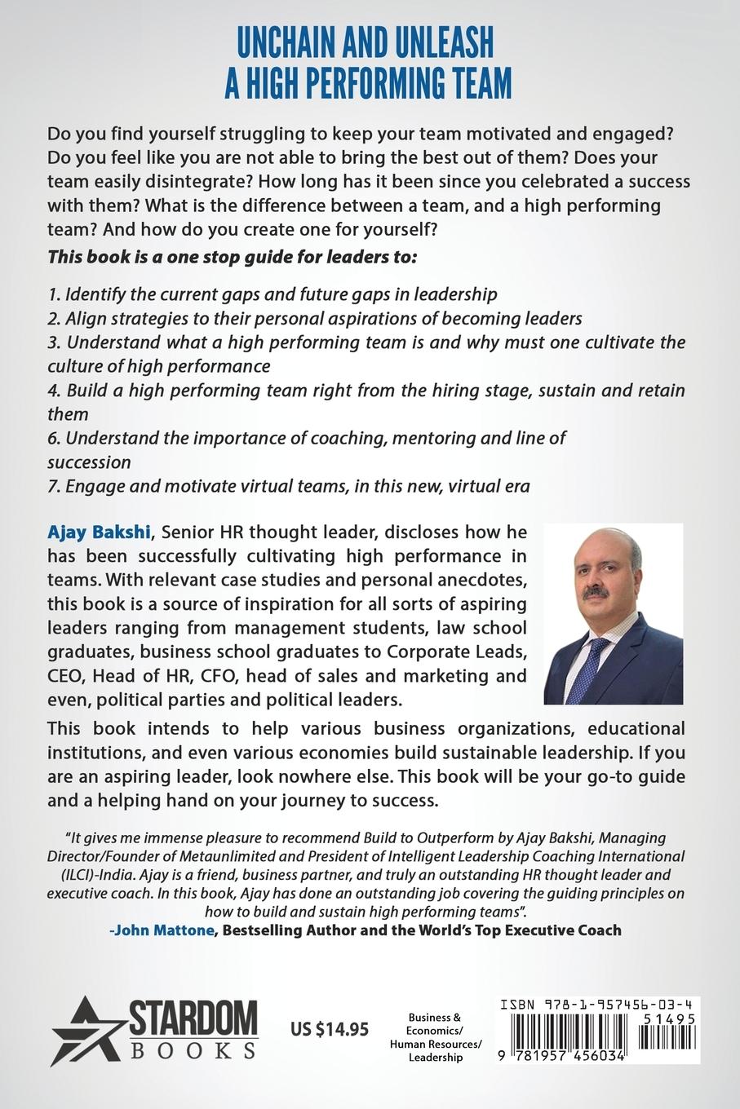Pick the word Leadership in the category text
click(436, 1058)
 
